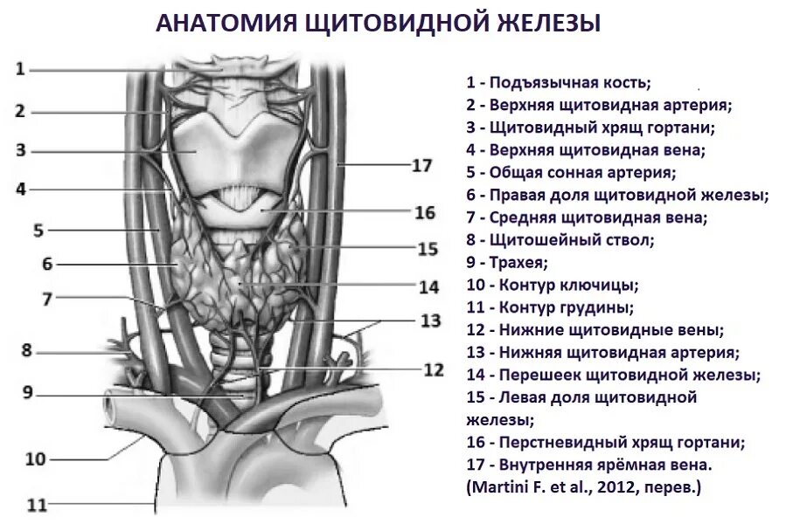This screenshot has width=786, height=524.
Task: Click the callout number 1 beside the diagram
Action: click(20, 69)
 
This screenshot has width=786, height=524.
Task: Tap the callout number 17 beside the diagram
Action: click(421, 165)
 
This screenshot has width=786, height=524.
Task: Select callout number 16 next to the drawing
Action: click(425, 211)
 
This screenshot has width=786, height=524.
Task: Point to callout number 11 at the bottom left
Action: click(37, 505)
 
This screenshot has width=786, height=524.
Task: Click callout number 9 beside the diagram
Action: click(28, 392)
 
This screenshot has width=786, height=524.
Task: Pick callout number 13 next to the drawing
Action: click(430, 321)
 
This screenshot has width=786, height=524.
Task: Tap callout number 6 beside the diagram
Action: click(47, 264)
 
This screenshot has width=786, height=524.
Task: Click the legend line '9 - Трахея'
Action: click(506, 261)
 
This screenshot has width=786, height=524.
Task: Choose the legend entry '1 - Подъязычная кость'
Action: click(559, 82)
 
